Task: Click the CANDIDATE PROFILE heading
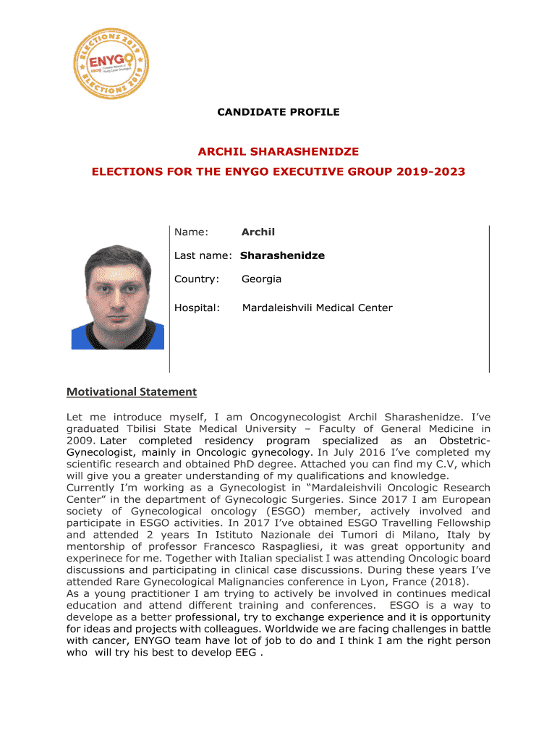pyautogui.click(x=278, y=112)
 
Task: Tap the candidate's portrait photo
pyautogui.click(x=118, y=297)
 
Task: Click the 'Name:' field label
pyautogui.click(x=191, y=232)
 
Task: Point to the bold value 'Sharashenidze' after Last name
pyautogui.click(x=282, y=255)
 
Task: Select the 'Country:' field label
pyautogui.click(x=196, y=279)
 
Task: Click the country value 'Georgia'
pyautogui.click(x=261, y=279)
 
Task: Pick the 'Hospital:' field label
pyautogui.click(x=197, y=308)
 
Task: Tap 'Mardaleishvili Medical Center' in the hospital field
pyautogui.click(x=317, y=308)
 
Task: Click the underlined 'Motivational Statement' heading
pyautogui.click(x=132, y=392)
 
